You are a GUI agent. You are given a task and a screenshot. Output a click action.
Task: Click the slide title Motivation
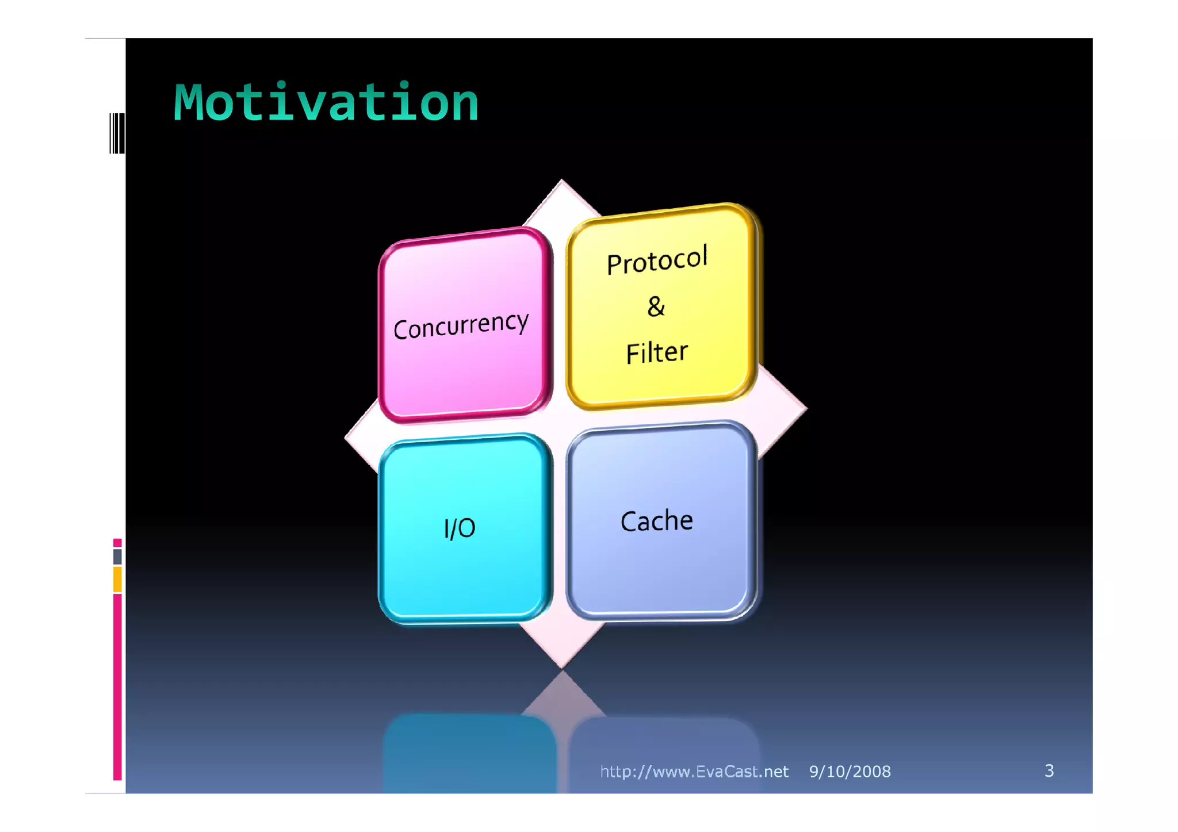click(x=326, y=103)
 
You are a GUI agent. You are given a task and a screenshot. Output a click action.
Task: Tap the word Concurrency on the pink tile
click(x=461, y=325)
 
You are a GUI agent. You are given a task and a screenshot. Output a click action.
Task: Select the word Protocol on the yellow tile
click(x=657, y=260)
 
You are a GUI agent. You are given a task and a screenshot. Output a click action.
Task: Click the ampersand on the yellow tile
click(x=656, y=306)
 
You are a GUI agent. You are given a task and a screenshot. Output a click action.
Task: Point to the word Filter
click(x=657, y=352)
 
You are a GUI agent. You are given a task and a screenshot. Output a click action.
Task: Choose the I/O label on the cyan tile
click(x=460, y=528)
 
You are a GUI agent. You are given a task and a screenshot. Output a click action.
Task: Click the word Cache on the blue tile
click(x=657, y=521)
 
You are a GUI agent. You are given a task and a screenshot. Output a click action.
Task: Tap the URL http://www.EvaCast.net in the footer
click(x=694, y=772)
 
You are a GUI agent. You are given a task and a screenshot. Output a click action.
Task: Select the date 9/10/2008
click(x=850, y=772)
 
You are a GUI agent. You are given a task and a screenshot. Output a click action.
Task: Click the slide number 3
click(x=1049, y=770)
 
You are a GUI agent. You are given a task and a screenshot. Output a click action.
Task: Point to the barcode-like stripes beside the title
click(x=117, y=133)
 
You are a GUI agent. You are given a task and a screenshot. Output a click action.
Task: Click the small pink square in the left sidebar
click(x=117, y=543)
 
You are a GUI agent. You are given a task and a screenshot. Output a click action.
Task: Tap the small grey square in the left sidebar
click(x=117, y=557)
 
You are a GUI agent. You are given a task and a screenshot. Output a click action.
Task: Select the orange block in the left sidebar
click(x=117, y=579)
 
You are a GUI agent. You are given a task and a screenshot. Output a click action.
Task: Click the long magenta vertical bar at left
click(x=117, y=687)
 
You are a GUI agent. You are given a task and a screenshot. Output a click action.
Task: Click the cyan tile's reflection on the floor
click(x=469, y=753)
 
